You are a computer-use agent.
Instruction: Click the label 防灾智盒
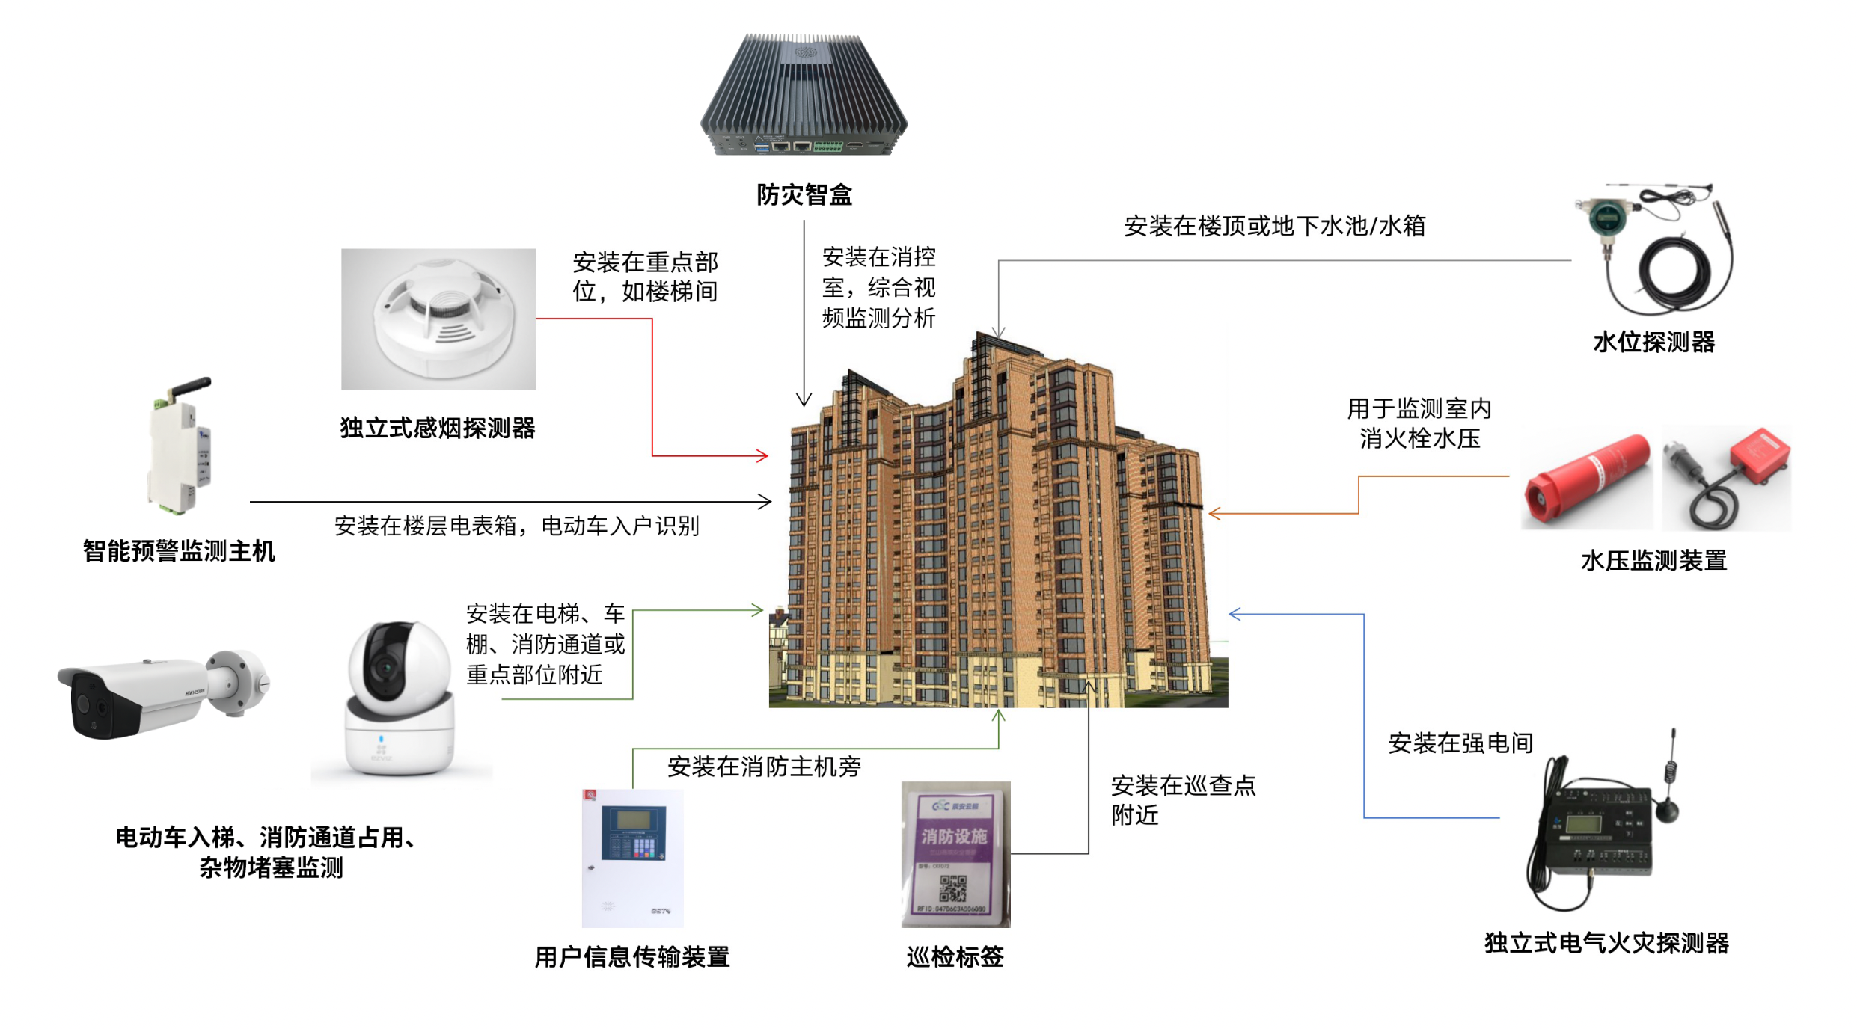[x=804, y=195]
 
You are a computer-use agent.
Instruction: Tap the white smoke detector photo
[x=439, y=319]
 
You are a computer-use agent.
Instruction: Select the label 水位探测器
[x=1653, y=343]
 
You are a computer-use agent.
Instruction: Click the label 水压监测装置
[x=1653, y=561]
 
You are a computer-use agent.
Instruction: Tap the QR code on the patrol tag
[x=953, y=888]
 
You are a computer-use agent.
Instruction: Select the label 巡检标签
[x=955, y=957]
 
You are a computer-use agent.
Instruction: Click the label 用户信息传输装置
[x=632, y=957]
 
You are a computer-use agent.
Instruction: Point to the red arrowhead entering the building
[x=762, y=455]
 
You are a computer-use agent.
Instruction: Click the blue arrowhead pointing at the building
[x=1235, y=614]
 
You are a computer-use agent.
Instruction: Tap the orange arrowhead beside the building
[x=1215, y=513]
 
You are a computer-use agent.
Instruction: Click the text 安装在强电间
[x=1460, y=743]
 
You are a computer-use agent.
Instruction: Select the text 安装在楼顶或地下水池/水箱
[x=1274, y=226]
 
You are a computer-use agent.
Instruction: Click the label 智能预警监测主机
[x=180, y=552]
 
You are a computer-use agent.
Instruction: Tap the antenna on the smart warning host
[x=191, y=388]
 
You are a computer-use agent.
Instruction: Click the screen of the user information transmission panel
[x=632, y=820]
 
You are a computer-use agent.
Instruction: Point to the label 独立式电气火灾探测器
[x=1606, y=944]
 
